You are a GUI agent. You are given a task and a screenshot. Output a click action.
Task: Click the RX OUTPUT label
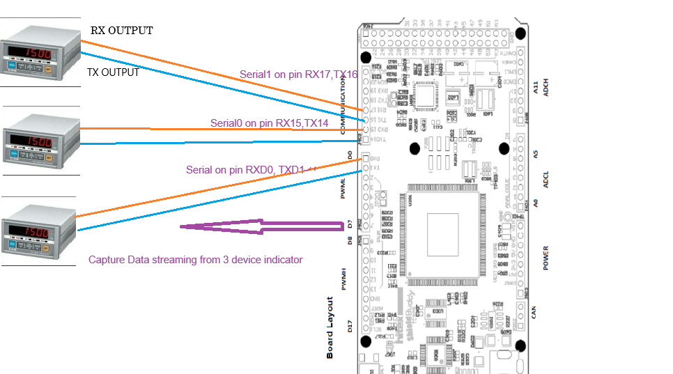pos(121,31)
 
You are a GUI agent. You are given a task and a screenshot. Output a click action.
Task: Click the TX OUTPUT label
pos(113,72)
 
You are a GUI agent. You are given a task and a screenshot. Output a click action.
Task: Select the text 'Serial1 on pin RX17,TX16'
pos(298,75)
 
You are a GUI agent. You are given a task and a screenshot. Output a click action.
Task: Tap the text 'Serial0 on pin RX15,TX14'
pos(269,123)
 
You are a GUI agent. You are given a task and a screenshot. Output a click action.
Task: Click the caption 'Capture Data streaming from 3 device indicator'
pos(195,260)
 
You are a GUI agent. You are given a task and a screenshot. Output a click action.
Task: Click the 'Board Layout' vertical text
pos(330,327)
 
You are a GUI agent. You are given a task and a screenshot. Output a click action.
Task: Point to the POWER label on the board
pos(546,258)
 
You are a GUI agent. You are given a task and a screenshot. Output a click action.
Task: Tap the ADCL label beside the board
pos(546,181)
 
